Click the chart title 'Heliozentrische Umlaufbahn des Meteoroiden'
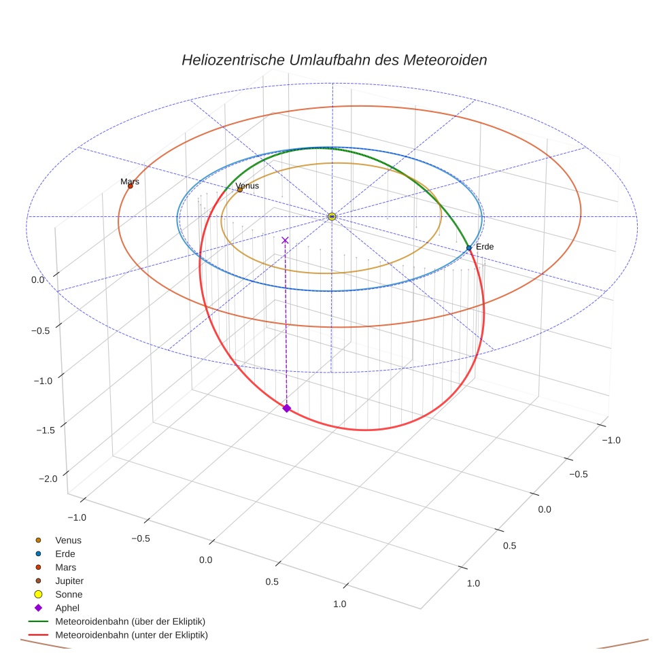[334, 60]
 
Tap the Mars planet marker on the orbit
[130, 186]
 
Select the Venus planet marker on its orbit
[239, 189]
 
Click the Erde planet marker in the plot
[469, 248]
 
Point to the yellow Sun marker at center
[332, 216]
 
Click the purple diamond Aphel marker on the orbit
[286, 408]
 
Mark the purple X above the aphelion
[285, 240]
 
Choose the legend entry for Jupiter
[69, 581]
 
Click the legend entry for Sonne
[69, 594]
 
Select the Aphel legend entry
[67, 608]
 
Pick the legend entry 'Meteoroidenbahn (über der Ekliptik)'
[130, 621]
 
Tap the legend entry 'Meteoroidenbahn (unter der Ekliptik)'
[131, 635]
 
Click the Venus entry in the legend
[68, 540]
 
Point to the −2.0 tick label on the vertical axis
[47, 479]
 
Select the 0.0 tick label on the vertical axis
[38, 279]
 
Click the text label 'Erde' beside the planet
[484, 247]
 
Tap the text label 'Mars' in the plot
[130, 182]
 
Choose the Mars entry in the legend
[65, 567]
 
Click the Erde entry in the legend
[65, 553]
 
